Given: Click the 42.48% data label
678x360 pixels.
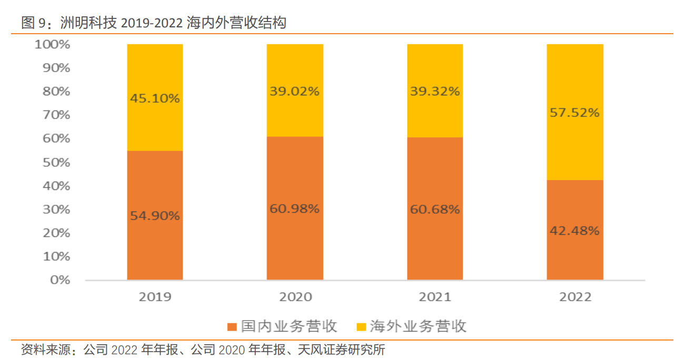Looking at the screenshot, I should [575, 231].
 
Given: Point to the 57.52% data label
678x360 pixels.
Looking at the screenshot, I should [575, 113].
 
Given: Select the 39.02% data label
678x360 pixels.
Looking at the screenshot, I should [295, 91].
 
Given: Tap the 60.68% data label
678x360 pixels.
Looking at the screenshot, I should [435, 209].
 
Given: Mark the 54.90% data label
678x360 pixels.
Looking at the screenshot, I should [155, 216].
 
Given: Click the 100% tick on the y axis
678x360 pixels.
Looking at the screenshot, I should [52, 45].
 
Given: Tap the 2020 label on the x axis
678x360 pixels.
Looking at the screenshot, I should [295, 297].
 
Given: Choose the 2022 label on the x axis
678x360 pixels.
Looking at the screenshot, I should [575, 297].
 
